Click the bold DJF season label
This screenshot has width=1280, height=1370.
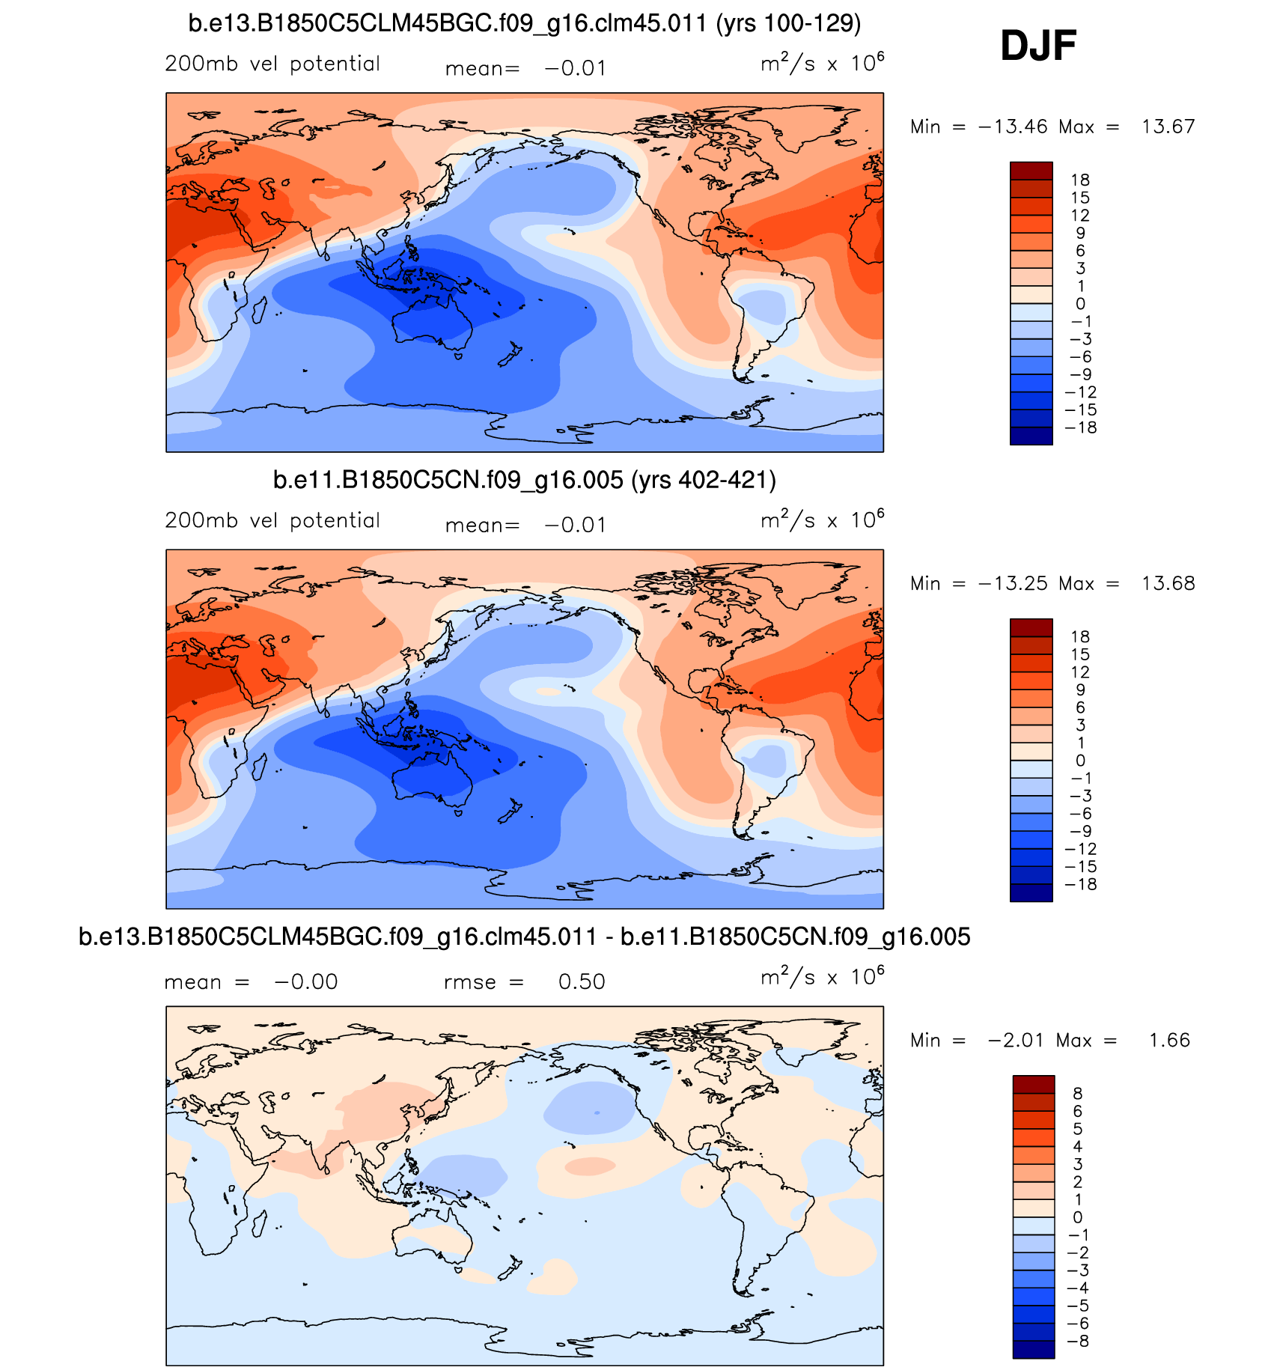[1038, 46]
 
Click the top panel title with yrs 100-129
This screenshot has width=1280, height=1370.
[524, 23]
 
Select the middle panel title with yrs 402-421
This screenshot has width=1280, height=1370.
[524, 480]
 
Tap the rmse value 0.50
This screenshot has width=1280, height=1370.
[582, 981]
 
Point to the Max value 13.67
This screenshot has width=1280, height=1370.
[1168, 127]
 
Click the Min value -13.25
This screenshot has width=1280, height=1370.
[1013, 583]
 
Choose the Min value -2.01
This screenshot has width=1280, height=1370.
[1016, 1040]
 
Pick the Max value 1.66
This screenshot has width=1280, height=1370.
[1169, 1040]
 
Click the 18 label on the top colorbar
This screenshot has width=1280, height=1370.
[1080, 180]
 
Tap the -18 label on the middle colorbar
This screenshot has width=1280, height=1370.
[1080, 884]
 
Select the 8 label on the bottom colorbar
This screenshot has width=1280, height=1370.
[1078, 1094]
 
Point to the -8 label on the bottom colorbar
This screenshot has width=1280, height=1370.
[1077, 1341]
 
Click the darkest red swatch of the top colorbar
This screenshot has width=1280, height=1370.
[1031, 171]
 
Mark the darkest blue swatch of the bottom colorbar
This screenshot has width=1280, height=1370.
[1034, 1349]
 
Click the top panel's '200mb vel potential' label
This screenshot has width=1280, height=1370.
[272, 64]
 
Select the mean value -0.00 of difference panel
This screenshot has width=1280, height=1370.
[306, 981]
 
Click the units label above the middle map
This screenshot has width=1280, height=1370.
[822, 520]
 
